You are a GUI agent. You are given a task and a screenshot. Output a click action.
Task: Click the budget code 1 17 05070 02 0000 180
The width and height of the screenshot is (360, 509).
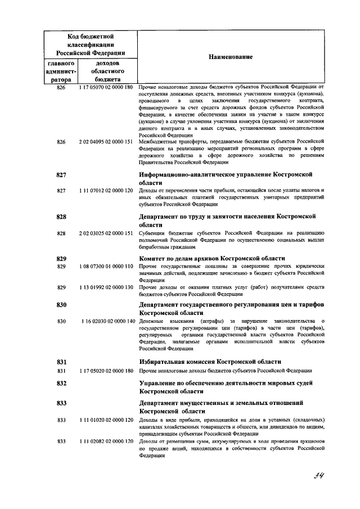tap(106, 88)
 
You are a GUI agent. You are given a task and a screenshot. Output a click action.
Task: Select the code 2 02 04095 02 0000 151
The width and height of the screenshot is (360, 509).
tap(106, 142)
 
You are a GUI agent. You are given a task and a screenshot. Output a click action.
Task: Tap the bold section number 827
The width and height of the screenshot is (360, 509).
tap(62, 175)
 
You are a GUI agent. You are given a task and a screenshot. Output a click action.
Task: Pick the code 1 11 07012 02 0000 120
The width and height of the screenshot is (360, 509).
tap(106, 191)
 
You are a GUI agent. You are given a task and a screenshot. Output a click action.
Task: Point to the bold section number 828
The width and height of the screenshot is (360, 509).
tap(62, 217)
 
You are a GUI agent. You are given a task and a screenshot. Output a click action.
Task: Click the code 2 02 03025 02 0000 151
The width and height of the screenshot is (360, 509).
tap(106, 233)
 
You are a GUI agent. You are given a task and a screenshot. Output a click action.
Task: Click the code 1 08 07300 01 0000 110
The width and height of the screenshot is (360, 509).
tap(106, 266)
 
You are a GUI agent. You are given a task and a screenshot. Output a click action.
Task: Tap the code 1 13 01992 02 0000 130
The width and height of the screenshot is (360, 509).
tap(106, 287)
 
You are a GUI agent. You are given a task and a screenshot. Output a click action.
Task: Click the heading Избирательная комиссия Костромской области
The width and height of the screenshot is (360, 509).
tap(210, 362)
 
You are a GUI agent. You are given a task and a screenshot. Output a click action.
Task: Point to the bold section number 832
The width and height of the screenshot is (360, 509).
tap(62, 383)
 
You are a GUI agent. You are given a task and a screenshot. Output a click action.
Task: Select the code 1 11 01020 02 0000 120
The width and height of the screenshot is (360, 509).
tap(106, 420)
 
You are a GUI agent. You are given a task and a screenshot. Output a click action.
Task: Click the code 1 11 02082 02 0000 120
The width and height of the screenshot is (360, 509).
tap(106, 442)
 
